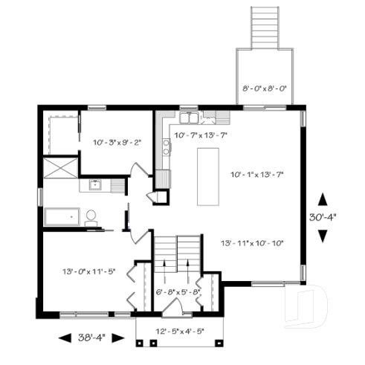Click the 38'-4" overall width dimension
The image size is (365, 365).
click(x=92, y=337)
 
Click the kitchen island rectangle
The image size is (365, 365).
click(x=208, y=176)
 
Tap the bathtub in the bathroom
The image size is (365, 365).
click(x=62, y=217)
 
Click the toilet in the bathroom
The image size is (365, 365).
click(x=91, y=217)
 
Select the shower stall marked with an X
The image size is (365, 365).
click(x=59, y=167)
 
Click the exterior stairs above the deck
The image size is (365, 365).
click(x=265, y=27)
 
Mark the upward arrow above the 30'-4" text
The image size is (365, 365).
click(x=322, y=199)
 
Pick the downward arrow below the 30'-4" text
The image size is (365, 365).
click(x=322, y=236)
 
